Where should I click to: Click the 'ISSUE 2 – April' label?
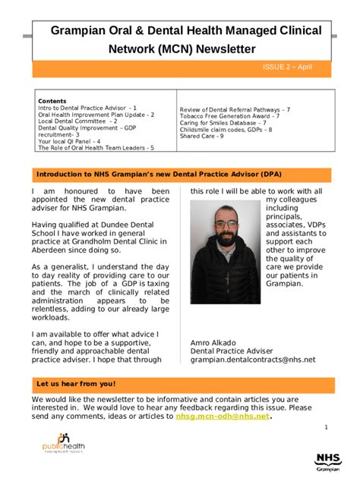(x=287, y=68)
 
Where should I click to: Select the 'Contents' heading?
(x=52, y=101)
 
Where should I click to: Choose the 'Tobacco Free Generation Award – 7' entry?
(x=229, y=116)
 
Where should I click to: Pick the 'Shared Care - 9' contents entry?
(x=201, y=137)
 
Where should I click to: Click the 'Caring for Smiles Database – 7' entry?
(x=223, y=123)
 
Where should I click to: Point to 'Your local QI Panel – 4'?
(x=69, y=141)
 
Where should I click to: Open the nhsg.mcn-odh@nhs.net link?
(x=223, y=416)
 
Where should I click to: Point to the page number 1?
(x=326, y=428)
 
